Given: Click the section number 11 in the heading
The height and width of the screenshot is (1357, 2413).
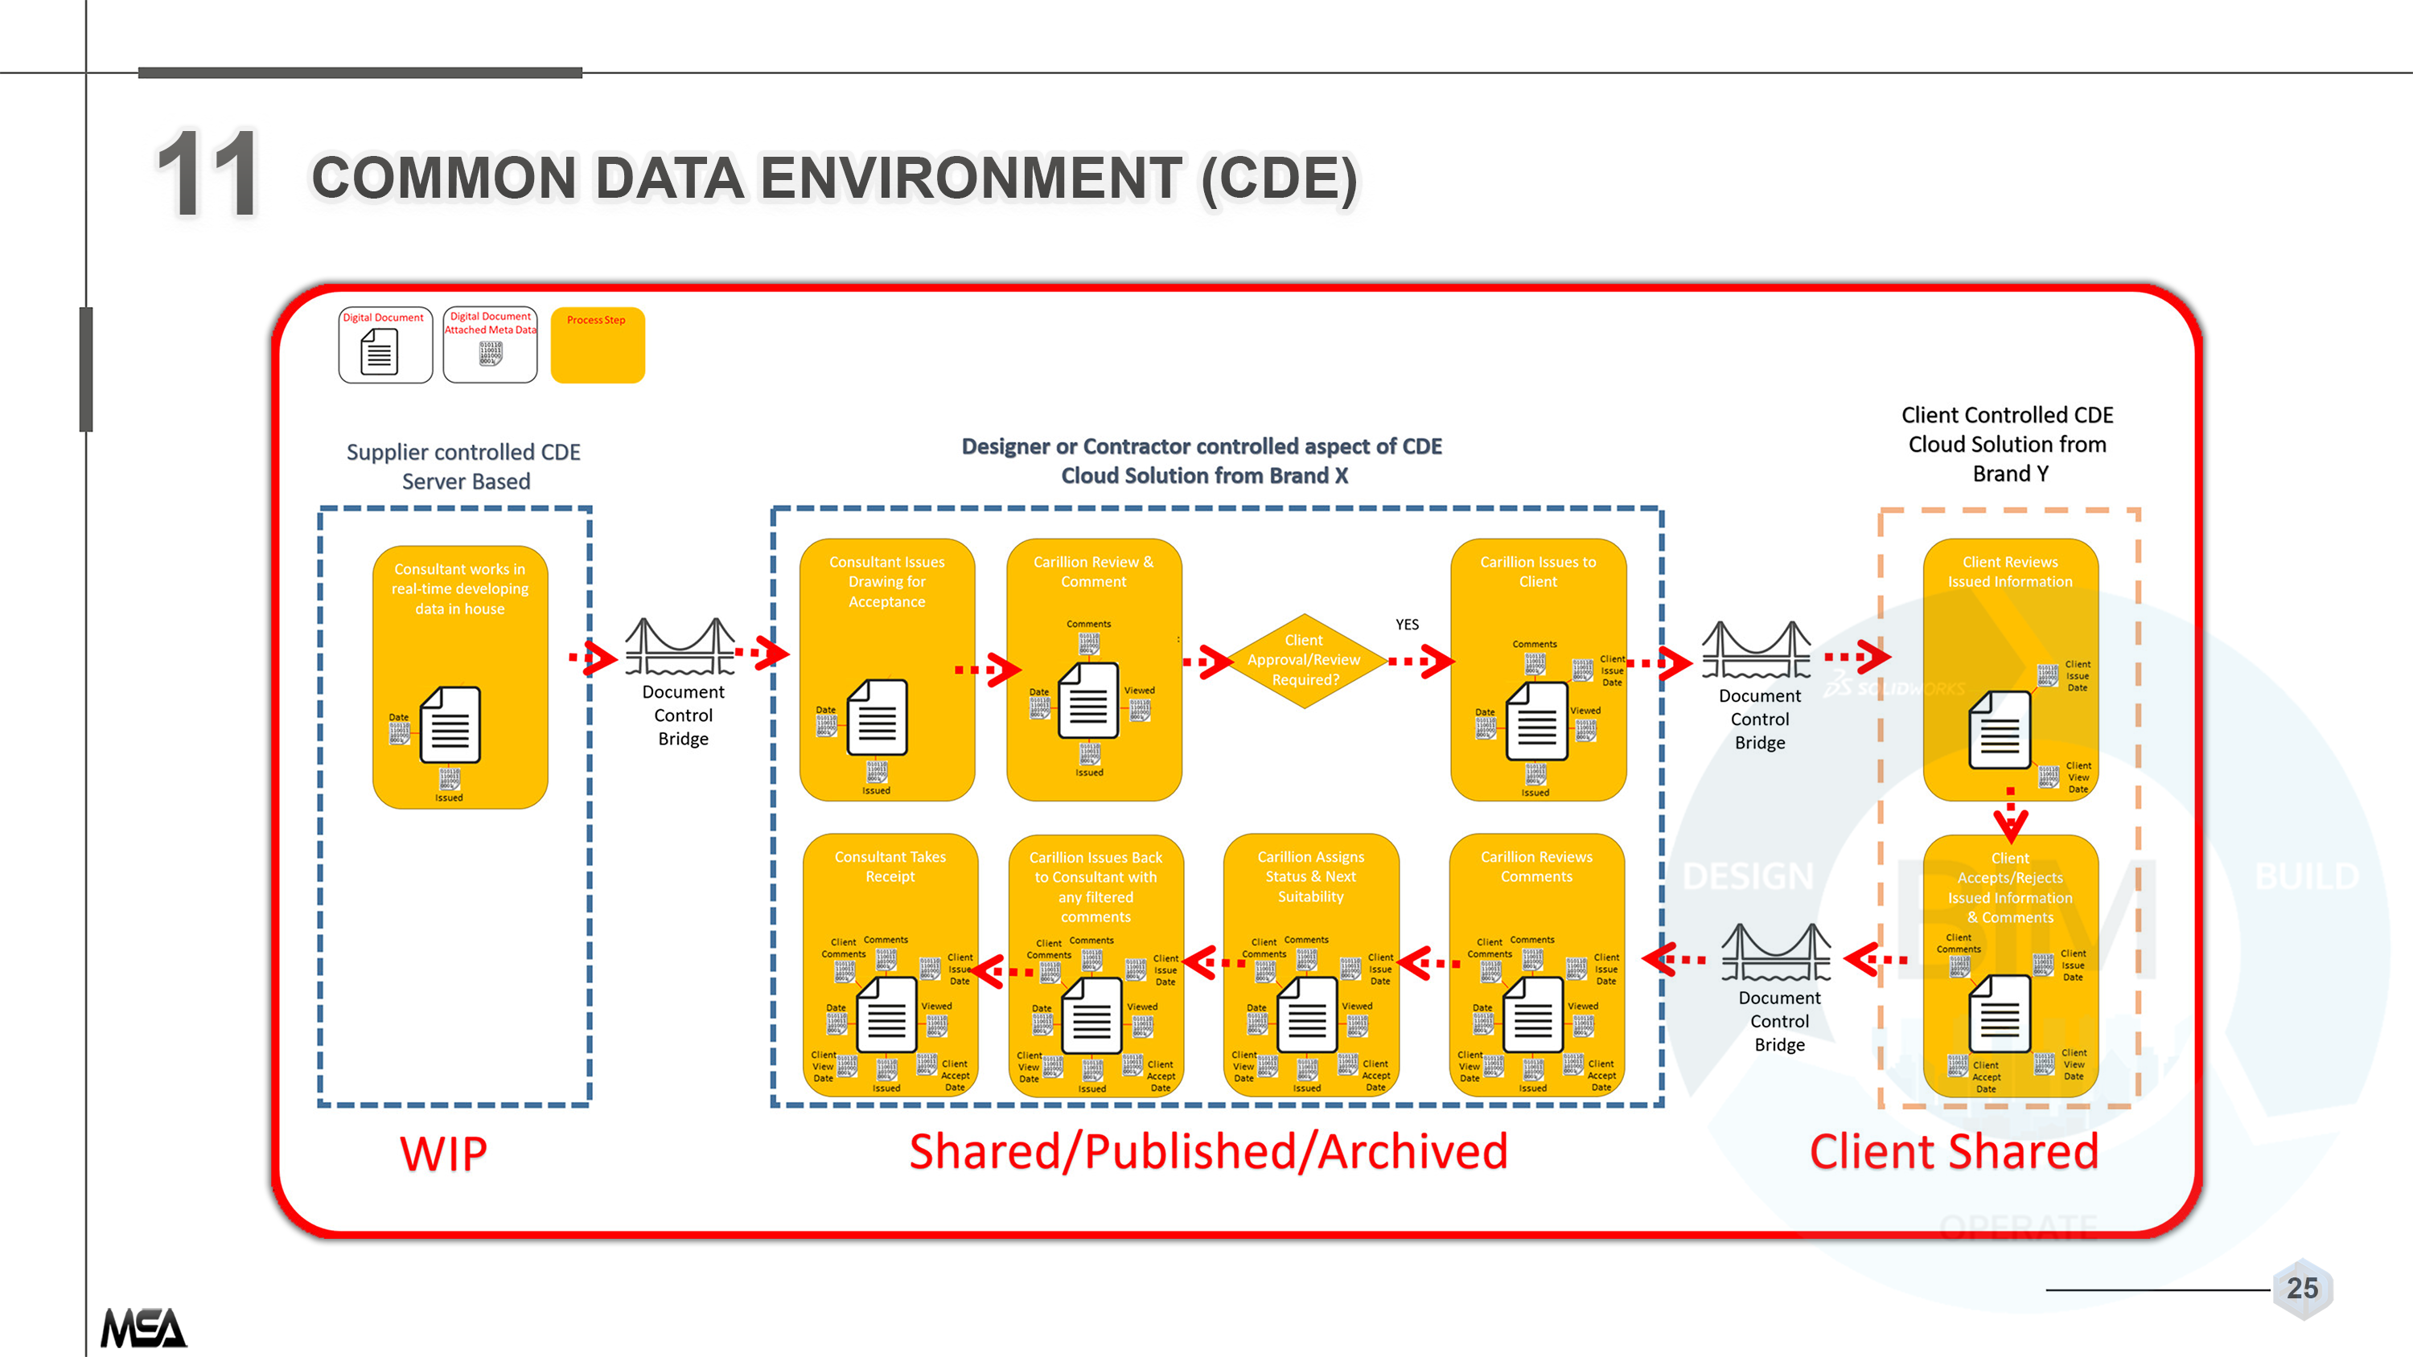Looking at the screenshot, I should [208, 175].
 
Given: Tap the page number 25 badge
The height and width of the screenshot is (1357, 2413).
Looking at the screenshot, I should [2301, 1289].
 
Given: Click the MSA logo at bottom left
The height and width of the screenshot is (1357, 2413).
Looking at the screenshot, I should [143, 1327].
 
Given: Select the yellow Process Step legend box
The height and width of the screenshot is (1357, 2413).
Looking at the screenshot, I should [598, 346].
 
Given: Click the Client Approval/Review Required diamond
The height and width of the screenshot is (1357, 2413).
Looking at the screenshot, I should [1304, 661].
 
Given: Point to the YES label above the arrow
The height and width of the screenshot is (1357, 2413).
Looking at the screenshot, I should [1407, 625].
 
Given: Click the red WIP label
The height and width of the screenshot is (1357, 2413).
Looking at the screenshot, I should [443, 1154].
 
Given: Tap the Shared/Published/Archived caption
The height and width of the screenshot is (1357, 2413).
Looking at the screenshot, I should [1208, 1152].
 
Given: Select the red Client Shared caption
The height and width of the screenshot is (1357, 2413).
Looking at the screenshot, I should [1954, 1152].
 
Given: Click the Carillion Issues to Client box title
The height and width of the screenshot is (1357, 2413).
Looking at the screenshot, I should [1538, 572].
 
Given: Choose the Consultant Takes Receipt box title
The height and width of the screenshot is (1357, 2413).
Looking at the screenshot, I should [890, 867].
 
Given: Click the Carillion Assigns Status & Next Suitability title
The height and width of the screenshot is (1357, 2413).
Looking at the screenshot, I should [1310, 876].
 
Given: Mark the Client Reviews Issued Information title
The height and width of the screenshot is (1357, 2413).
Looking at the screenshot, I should [2010, 572].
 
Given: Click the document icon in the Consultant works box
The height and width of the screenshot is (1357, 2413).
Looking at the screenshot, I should [450, 726].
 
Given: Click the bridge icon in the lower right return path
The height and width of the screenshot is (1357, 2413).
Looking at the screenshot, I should [1777, 953].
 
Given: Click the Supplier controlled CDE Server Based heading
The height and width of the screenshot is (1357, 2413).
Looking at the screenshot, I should [463, 466].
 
